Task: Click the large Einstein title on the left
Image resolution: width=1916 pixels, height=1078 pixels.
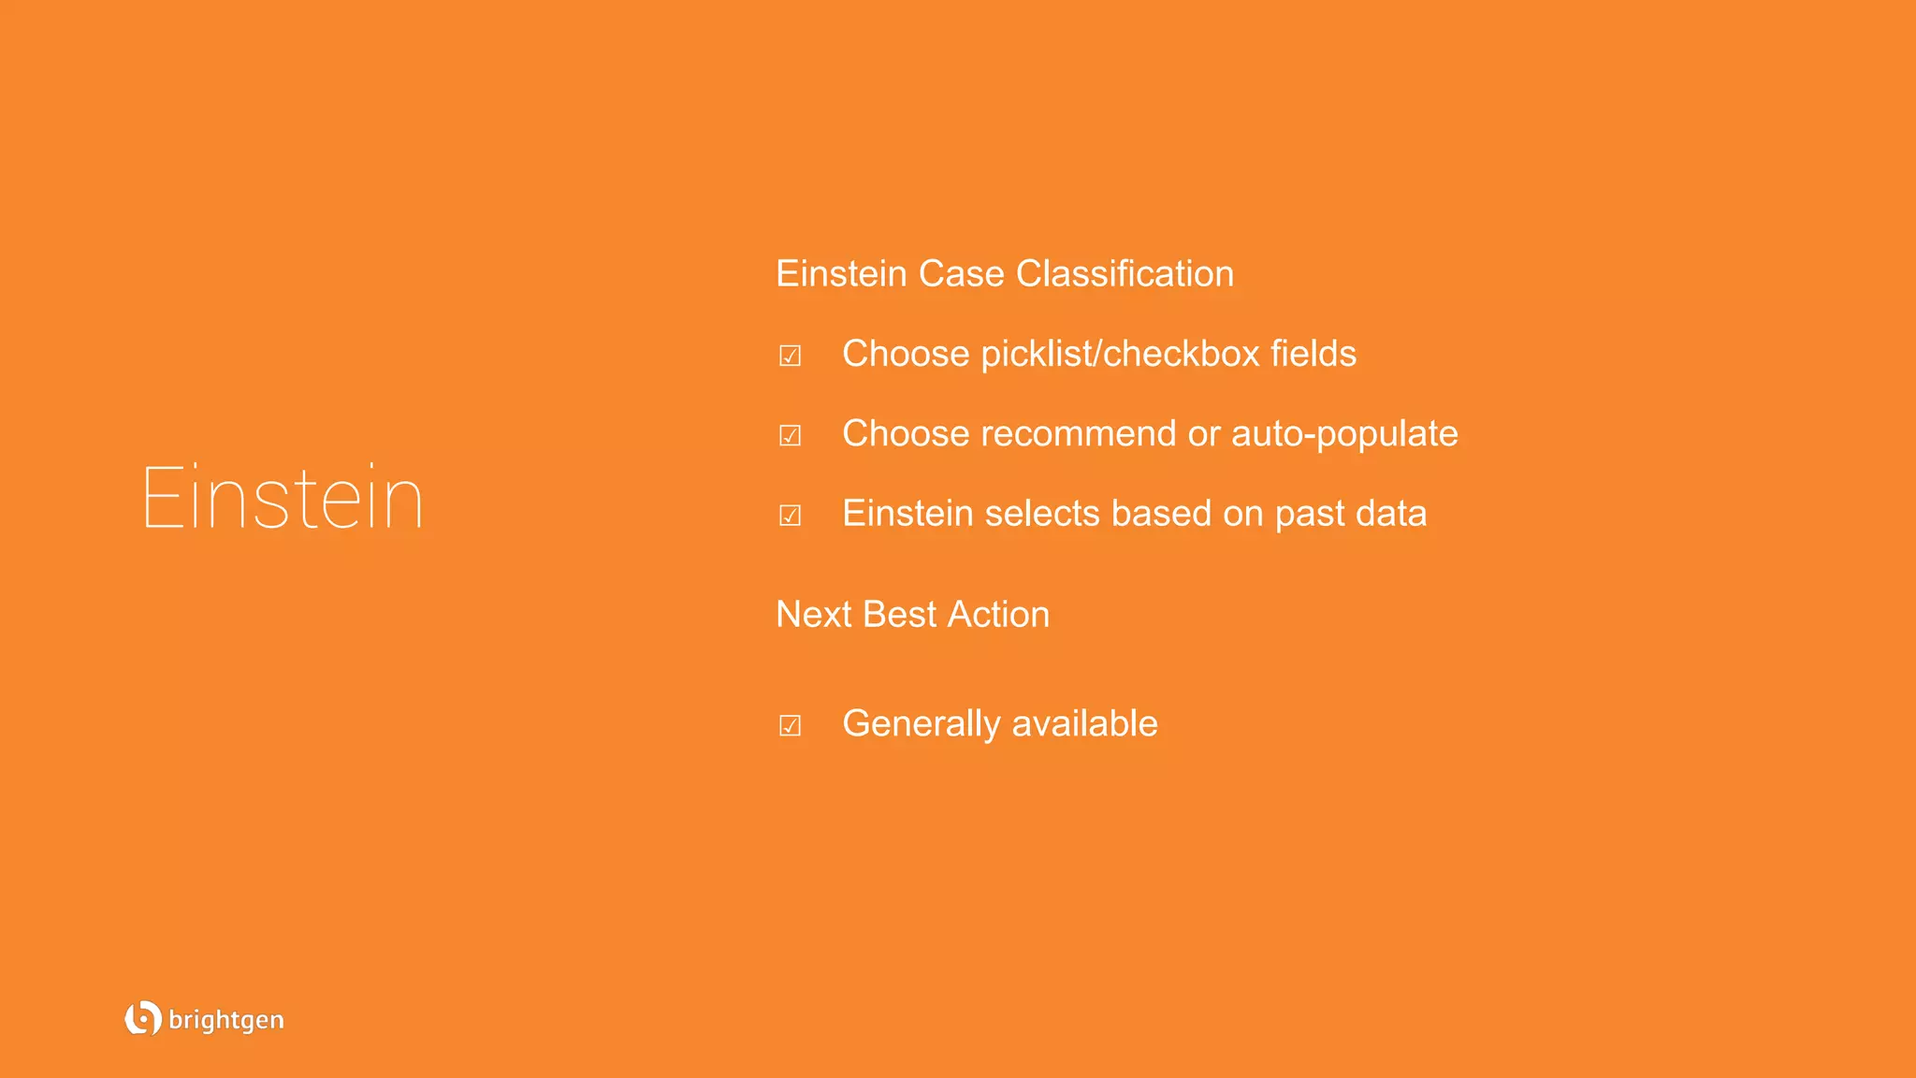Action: (283, 498)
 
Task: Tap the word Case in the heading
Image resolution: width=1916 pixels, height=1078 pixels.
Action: (961, 274)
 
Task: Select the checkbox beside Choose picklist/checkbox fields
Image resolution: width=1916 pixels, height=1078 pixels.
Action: (790, 356)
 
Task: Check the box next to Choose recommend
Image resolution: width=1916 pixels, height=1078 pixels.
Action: (790, 435)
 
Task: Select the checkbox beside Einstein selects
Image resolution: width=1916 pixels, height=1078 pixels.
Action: (790, 515)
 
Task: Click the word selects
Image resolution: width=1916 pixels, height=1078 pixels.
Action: (1041, 514)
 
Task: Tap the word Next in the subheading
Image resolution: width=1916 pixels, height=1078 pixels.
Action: (813, 615)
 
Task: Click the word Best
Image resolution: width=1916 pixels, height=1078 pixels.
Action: (899, 615)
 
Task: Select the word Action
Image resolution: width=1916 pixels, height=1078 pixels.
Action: (998, 615)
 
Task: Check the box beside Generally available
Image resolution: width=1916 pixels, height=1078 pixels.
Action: (790, 725)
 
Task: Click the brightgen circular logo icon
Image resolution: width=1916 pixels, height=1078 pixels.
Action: (142, 1018)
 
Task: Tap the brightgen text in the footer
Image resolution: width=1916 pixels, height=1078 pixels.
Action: (226, 1020)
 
